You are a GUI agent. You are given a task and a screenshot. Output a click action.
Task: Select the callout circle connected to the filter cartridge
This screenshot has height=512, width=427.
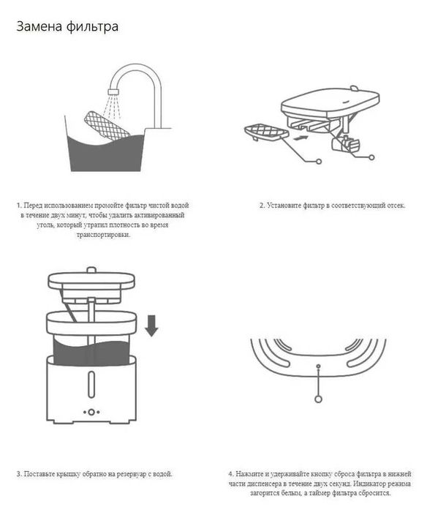pyautogui.click(x=320, y=160)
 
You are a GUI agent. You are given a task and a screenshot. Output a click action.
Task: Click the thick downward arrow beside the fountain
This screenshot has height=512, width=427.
pyautogui.click(x=151, y=324)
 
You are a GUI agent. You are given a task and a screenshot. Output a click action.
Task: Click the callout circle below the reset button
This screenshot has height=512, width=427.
pyautogui.click(x=318, y=399)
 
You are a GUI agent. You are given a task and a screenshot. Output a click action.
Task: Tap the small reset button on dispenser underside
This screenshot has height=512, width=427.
pyautogui.click(x=318, y=364)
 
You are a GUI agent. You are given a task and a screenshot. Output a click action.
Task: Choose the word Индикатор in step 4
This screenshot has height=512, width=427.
pyautogui.click(x=367, y=484)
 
